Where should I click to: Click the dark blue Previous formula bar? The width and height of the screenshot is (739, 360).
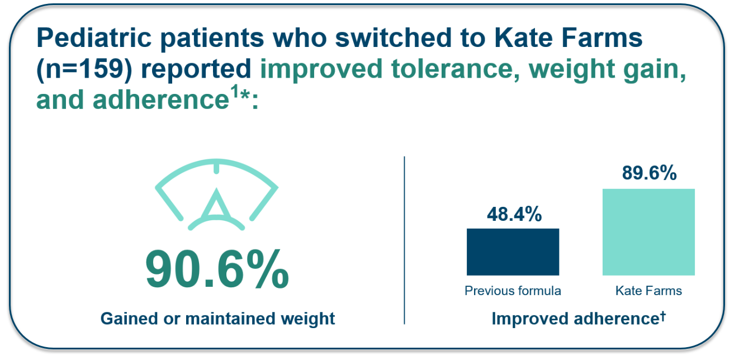[513, 252]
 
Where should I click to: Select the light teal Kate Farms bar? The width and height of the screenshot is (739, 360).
[648, 232]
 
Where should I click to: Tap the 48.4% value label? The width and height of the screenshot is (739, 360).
[514, 214]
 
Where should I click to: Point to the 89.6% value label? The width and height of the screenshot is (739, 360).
[649, 173]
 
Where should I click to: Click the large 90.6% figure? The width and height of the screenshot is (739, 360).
[217, 270]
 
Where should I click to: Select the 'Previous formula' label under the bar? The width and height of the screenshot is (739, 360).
[513, 291]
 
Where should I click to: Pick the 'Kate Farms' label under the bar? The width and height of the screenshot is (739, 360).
[648, 291]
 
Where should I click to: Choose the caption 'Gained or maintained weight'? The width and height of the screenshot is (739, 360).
[217, 319]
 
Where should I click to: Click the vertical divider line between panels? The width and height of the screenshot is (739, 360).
[404, 240]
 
